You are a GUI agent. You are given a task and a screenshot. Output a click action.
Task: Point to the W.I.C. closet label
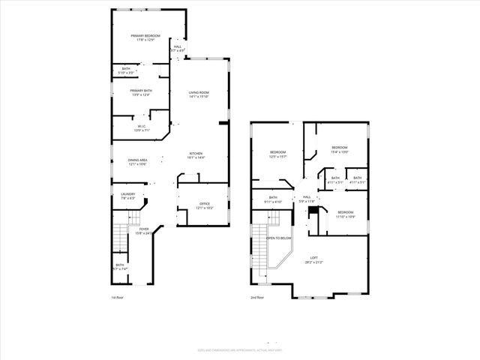click(141, 127)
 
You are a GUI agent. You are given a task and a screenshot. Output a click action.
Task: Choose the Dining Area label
click(137, 161)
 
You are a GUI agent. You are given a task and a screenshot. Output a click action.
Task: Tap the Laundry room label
click(127, 196)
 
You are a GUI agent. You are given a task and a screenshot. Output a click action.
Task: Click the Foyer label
click(142, 230)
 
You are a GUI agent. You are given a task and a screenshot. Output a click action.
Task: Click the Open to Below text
click(278, 238)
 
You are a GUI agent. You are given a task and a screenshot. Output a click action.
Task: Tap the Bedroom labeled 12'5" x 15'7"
click(278, 154)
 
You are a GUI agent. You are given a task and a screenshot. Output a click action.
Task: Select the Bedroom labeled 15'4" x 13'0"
click(339, 149)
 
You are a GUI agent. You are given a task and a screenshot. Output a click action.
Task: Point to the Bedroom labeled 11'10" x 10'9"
click(345, 214)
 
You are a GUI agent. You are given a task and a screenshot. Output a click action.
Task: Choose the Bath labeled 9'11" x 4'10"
click(272, 200)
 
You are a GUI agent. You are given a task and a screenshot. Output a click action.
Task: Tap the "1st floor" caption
click(117, 297)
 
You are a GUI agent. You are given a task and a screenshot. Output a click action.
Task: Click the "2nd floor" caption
click(257, 297)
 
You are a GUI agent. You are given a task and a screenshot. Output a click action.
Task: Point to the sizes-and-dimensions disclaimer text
click(239, 349)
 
